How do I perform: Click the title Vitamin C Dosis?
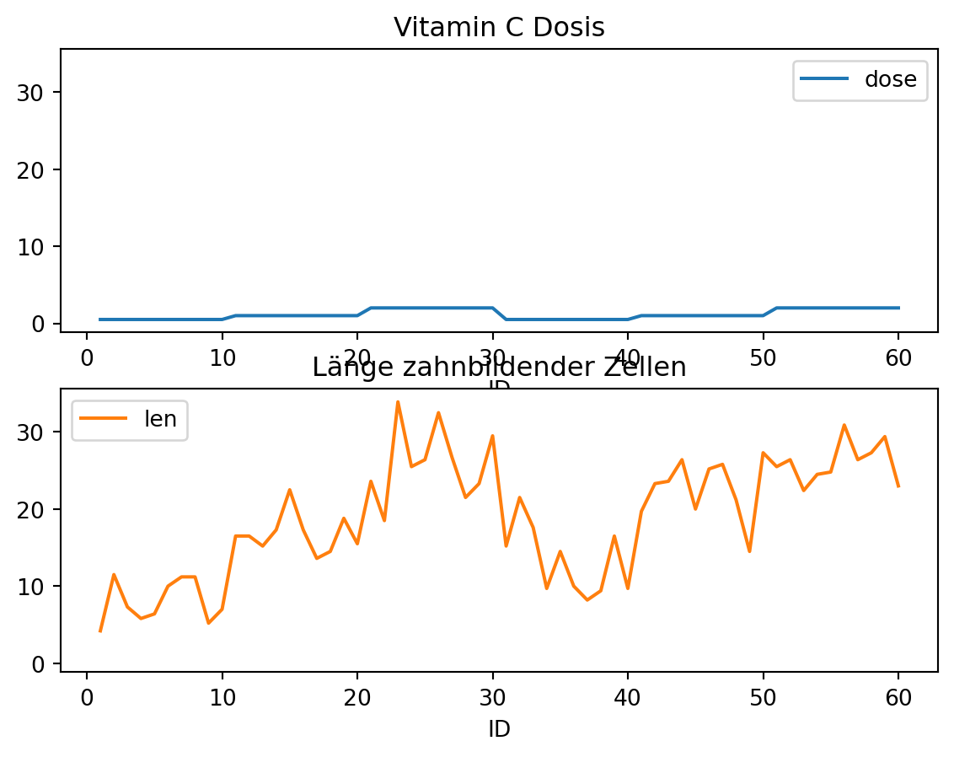click(499, 28)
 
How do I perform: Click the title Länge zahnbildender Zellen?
click(499, 368)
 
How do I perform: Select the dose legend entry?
click(860, 80)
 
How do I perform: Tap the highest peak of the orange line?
click(398, 402)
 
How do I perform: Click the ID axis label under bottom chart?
click(499, 728)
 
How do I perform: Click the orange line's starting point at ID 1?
click(100, 631)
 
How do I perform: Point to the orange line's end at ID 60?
click(898, 486)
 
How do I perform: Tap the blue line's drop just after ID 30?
click(506, 319)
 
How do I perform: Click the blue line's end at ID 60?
click(898, 308)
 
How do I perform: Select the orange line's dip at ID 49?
click(749, 551)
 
